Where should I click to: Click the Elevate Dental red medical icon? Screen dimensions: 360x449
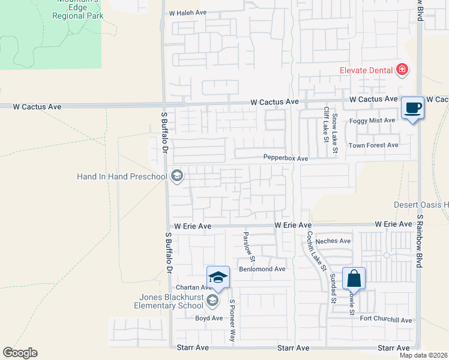click(402, 70)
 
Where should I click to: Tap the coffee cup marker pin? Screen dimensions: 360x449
click(412, 108)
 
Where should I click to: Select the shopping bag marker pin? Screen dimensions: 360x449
click(354, 279)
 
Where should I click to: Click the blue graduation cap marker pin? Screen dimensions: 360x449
click(218, 277)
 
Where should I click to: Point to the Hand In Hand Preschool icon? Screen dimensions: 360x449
click(176, 176)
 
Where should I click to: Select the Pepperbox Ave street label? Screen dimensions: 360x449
click(285, 158)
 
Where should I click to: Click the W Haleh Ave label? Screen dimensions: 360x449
click(188, 12)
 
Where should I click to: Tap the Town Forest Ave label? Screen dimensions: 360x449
click(374, 145)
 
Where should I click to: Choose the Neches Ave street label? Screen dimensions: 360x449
click(336, 241)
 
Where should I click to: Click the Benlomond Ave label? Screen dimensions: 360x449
click(262, 269)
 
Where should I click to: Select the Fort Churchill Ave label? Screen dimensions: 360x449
click(386, 320)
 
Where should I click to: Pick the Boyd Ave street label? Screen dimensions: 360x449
click(209, 318)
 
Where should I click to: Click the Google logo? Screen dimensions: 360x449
click(20, 353)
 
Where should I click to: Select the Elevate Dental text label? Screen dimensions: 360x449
click(365, 70)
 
